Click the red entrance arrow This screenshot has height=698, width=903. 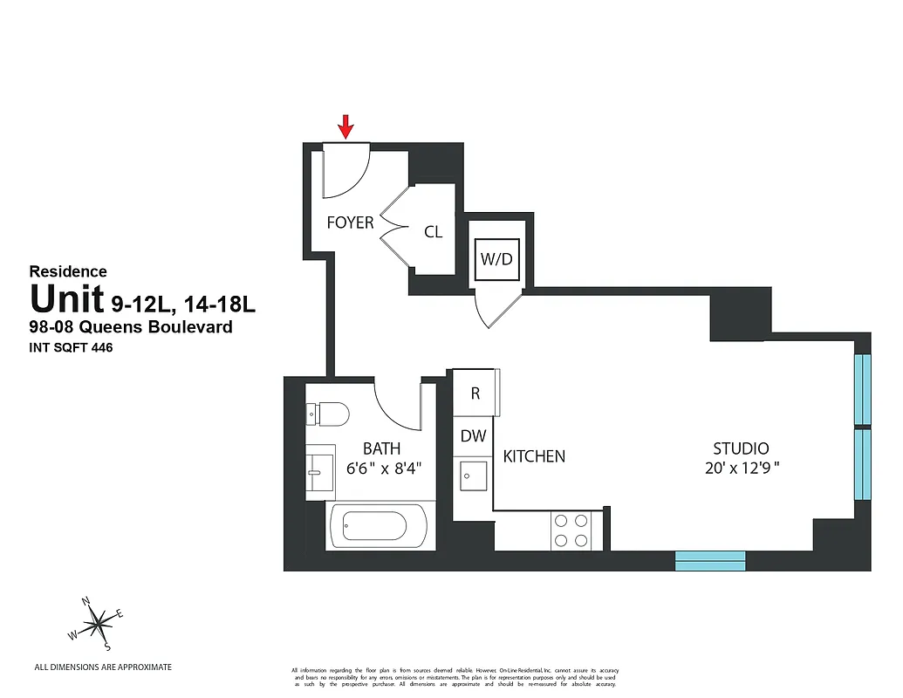(346, 127)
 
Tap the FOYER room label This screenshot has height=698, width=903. (350, 222)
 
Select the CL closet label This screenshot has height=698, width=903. (433, 232)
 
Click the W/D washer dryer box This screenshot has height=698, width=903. (496, 259)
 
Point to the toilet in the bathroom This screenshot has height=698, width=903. (328, 414)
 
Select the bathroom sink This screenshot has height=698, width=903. (318, 472)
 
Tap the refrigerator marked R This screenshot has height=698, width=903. (475, 393)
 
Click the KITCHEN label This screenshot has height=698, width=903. (534, 456)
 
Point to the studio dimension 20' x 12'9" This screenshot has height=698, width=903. (741, 468)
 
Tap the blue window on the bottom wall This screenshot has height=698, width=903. (710, 560)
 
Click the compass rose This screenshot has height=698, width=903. (99, 622)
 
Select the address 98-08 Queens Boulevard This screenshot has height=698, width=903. (132, 327)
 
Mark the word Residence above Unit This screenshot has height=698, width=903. (68, 272)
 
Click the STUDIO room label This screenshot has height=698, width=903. (741, 448)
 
